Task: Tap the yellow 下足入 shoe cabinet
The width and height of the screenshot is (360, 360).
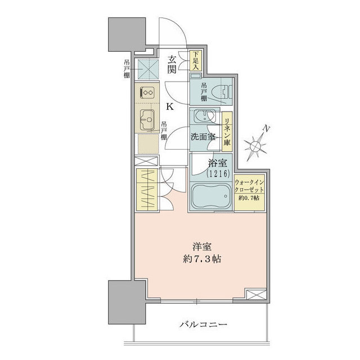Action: point(195,60)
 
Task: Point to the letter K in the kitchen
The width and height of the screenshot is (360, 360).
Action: point(170,106)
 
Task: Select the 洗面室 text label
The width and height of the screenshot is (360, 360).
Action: point(203,137)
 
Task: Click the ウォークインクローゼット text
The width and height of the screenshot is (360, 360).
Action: point(249,186)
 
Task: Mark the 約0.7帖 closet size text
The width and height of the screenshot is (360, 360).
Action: point(249,200)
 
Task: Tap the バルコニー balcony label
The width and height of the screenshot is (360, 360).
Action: point(204,325)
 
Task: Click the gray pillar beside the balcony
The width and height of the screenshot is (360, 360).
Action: point(121,301)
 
